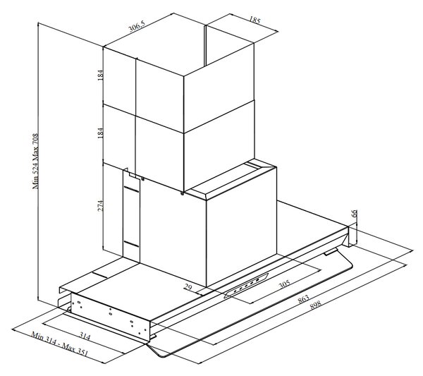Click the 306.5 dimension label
point(137,26)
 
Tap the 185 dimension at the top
point(255,20)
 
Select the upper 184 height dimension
point(100,75)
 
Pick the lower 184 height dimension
point(100,133)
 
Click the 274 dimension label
point(100,205)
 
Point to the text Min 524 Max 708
point(36,161)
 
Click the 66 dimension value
point(355,213)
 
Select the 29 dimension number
point(188,287)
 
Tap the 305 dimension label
point(284,284)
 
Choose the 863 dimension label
point(303,299)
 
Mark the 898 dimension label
point(315,305)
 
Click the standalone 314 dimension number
point(85,336)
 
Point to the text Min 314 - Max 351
point(60,344)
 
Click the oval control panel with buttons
point(246,285)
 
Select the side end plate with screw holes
point(110,316)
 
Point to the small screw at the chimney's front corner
point(183,193)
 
